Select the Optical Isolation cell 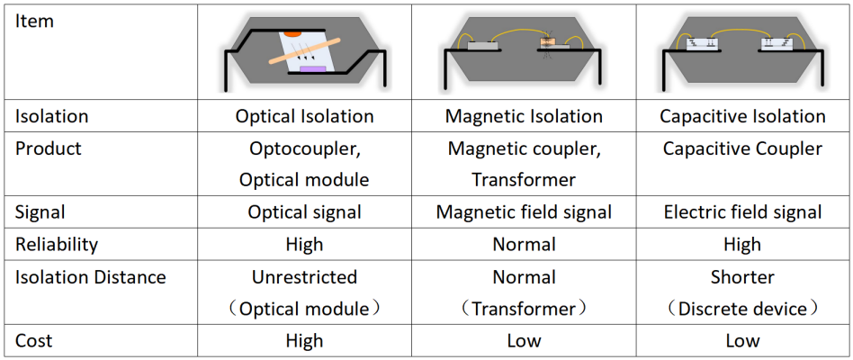pyautogui.click(x=304, y=116)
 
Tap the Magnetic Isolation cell pyautogui.click(x=524, y=116)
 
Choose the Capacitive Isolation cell pyautogui.click(x=742, y=116)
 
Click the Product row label pyautogui.click(x=48, y=148)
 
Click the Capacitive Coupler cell pyautogui.click(x=742, y=148)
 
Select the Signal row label pyautogui.click(x=40, y=212)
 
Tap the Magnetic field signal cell pyautogui.click(x=524, y=212)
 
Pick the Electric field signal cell pyautogui.click(x=742, y=212)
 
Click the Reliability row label pyautogui.click(x=56, y=244)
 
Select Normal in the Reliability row pyautogui.click(x=524, y=244)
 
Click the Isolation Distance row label pyautogui.click(x=90, y=277)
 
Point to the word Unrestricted pyautogui.click(x=304, y=277)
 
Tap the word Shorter pyautogui.click(x=742, y=277)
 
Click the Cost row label pyautogui.click(x=33, y=341)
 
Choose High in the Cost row pyautogui.click(x=304, y=341)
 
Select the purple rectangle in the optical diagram pyautogui.click(x=311, y=69)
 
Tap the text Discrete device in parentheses pyautogui.click(x=742, y=309)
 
